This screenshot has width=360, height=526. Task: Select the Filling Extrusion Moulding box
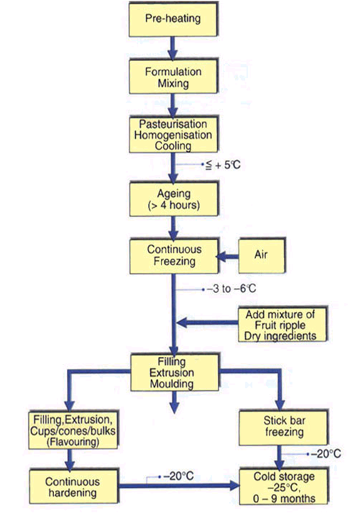click(x=173, y=372)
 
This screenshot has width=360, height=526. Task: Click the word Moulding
click(x=173, y=385)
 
